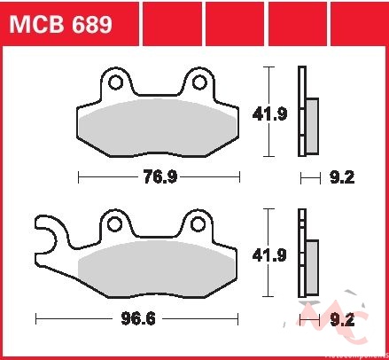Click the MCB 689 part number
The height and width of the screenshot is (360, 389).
[x=61, y=24]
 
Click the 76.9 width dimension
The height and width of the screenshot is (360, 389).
[x=159, y=177]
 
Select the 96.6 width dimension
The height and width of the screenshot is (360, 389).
[x=138, y=318]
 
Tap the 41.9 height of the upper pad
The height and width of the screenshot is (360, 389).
[x=269, y=113]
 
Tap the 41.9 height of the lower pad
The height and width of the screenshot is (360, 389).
[x=269, y=255]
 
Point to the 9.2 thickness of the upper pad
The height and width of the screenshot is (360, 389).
[x=342, y=177]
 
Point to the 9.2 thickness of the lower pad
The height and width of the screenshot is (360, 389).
[x=342, y=319]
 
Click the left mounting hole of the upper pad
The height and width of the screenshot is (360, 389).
[x=115, y=82]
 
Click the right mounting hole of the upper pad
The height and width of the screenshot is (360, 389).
[x=199, y=82]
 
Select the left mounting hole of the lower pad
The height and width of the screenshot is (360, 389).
[x=115, y=224]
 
